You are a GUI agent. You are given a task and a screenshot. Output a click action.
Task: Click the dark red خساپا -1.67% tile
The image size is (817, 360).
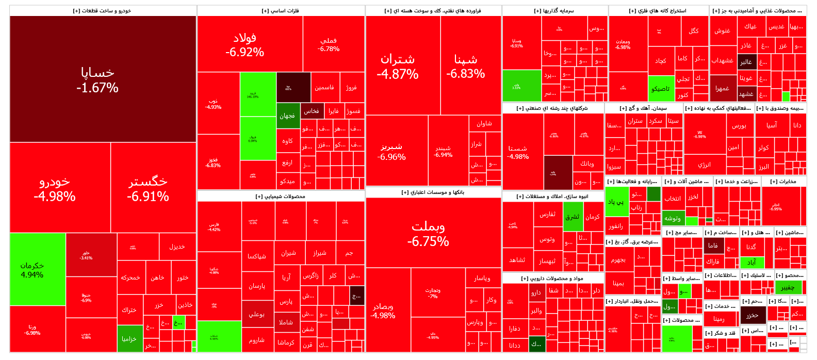point(103,79)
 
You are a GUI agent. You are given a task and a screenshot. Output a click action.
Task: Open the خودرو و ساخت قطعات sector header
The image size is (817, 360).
point(103,11)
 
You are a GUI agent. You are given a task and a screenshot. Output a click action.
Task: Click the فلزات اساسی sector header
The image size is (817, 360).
point(281,11)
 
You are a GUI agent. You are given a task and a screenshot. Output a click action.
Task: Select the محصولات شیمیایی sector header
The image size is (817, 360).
point(281,197)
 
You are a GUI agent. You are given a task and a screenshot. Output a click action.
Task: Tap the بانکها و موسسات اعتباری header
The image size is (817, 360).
point(433,192)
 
